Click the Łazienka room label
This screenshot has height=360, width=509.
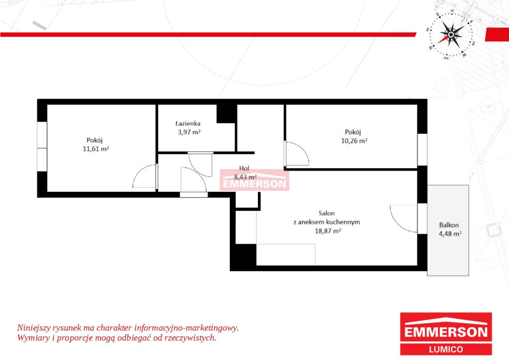tap(187, 123)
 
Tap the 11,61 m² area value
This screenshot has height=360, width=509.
tap(96, 149)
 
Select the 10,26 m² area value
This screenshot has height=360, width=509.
tap(354, 141)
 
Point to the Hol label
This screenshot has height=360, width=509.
tap(244, 168)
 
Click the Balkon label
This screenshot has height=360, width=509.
tap(449, 225)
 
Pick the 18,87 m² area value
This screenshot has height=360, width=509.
tap(328, 231)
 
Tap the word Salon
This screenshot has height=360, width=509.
tap(327, 213)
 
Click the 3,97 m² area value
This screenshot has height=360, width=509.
tap(189, 132)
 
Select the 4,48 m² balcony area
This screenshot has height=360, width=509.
tap(450, 234)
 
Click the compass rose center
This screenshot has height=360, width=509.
tap(451, 34)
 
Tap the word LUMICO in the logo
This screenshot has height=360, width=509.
tap(446, 349)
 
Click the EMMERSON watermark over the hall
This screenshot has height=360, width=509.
tap(254, 184)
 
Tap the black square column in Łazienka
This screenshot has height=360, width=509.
tap(226, 113)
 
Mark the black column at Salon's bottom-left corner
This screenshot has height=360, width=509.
tap(246, 255)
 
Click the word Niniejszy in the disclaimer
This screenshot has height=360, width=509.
tap(33, 328)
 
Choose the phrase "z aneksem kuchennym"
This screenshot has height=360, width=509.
tap(327, 222)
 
